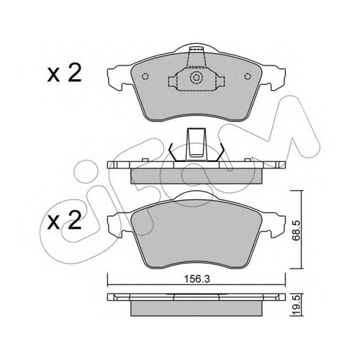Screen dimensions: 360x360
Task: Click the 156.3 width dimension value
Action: click(197, 279)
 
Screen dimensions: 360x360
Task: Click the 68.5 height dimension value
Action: click(296, 231)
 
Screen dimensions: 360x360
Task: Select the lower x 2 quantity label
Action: click(64, 221)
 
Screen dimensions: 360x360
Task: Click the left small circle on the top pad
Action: click(145, 76)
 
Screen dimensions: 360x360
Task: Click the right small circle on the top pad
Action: click(248, 76)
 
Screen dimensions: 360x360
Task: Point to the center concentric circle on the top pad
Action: click(197, 78)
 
